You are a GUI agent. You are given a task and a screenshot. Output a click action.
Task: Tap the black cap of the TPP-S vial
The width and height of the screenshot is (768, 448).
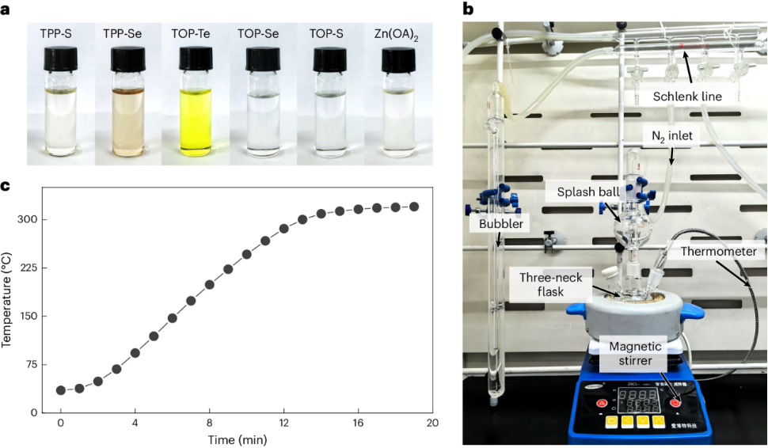(x=61, y=59)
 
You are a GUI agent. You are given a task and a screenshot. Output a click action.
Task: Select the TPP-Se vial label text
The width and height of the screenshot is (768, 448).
(x=127, y=33)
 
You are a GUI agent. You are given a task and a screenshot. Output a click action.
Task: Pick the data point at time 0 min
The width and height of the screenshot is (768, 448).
(x=61, y=390)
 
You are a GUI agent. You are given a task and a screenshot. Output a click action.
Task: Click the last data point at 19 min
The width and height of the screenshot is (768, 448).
(x=414, y=207)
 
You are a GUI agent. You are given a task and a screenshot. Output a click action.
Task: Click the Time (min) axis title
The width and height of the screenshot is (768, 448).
(x=237, y=439)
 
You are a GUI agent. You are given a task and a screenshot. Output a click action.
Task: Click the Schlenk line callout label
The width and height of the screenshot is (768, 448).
(x=687, y=96)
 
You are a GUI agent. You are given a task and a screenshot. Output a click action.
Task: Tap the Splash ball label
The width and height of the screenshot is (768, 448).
(x=576, y=193)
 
